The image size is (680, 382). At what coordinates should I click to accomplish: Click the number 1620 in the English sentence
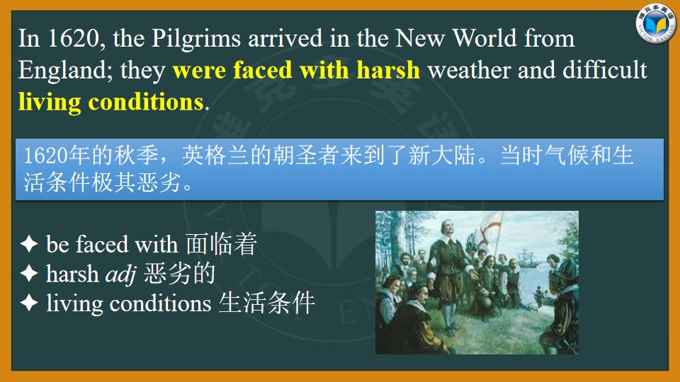tap(74, 38)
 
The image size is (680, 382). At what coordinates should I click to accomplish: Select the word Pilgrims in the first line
tap(196, 39)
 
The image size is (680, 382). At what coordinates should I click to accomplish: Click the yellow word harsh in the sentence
tap(389, 70)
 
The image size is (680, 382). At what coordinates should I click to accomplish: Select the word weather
tap(469, 70)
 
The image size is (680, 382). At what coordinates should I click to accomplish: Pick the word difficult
tap(605, 70)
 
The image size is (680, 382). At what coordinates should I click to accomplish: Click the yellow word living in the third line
tap(50, 103)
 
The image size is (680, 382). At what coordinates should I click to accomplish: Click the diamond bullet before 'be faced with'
tap(29, 244)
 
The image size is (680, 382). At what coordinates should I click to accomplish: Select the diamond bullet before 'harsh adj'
tap(29, 273)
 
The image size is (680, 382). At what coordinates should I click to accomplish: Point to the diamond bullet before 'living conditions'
tap(29, 303)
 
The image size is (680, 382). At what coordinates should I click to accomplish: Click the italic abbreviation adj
tap(121, 274)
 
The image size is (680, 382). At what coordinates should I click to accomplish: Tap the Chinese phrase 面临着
tap(222, 243)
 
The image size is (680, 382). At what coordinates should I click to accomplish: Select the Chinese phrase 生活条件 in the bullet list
tap(267, 303)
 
